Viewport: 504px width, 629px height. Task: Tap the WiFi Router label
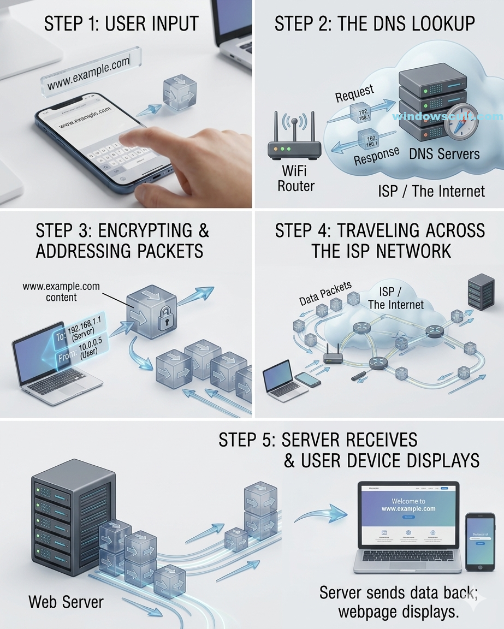pos(296,178)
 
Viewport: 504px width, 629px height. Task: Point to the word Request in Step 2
pos(355,93)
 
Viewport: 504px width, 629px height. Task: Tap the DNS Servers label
pos(444,154)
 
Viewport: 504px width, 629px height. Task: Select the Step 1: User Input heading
pos(121,24)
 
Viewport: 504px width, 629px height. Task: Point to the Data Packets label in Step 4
pos(325,294)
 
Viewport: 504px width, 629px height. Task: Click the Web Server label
pos(66,602)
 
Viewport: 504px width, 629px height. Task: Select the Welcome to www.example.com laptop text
pos(408,505)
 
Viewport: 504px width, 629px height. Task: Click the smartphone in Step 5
pos(480,541)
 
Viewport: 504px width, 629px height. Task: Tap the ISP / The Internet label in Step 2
pos(431,191)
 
